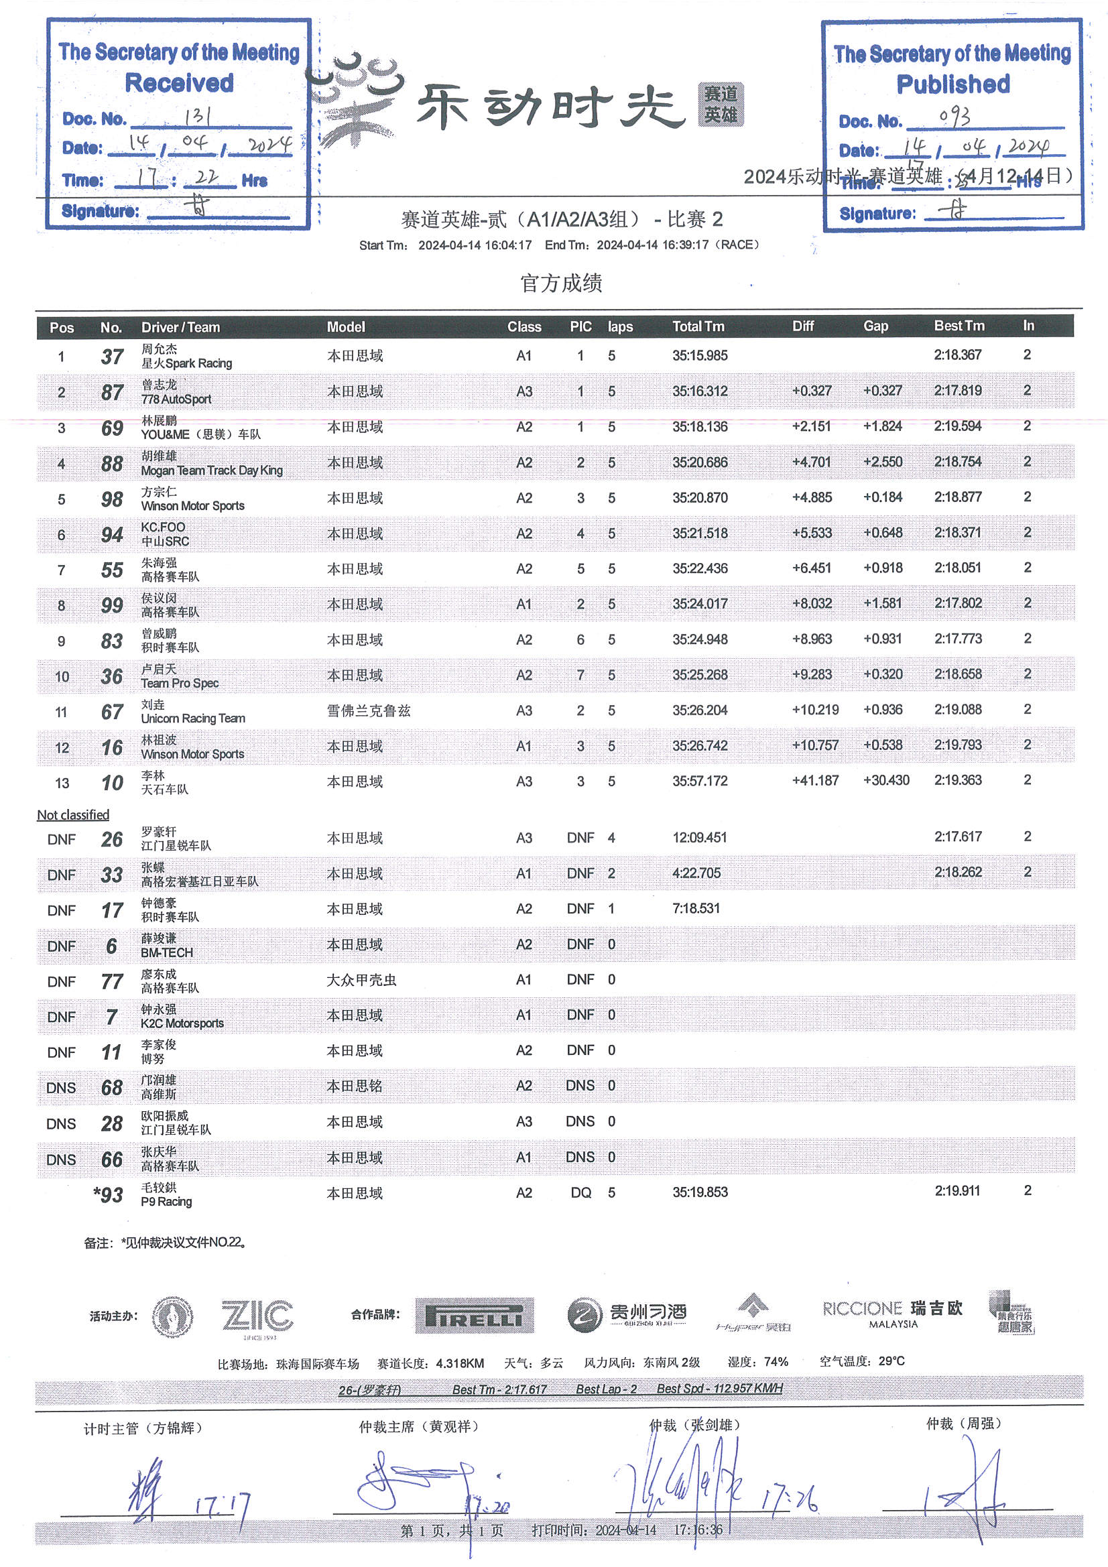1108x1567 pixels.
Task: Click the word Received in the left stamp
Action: point(179,83)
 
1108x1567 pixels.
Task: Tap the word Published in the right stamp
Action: point(952,84)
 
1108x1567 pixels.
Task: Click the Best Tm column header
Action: point(959,326)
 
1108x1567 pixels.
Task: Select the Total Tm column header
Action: point(698,326)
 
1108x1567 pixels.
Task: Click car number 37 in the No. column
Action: point(112,357)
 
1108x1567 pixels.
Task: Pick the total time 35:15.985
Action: point(700,356)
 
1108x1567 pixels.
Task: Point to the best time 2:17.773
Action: point(958,639)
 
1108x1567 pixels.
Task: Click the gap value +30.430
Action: point(885,780)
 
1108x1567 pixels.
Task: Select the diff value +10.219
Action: point(815,710)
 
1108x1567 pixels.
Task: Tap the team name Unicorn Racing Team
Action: point(192,718)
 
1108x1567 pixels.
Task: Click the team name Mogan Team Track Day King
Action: point(212,471)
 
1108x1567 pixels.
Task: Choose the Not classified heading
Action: point(73,815)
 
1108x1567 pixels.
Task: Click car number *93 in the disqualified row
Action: point(109,1194)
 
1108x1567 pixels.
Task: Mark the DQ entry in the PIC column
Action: point(580,1192)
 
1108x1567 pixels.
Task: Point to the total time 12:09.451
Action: point(700,837)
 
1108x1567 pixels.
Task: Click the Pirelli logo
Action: point(474,1315)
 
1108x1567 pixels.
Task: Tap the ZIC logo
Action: point(257,1315)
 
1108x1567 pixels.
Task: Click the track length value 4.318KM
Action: point(459,1363)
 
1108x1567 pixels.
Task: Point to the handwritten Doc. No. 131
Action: point(197,116)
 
